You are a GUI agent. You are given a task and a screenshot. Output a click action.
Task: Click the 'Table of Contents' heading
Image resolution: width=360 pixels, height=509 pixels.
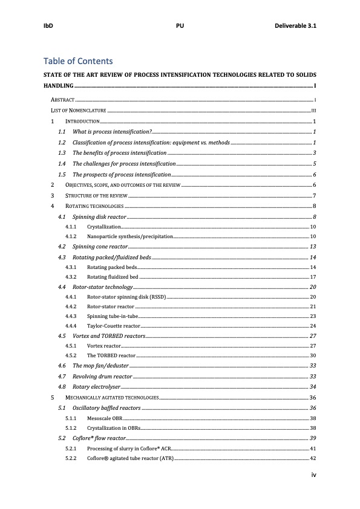(x=77, y=61)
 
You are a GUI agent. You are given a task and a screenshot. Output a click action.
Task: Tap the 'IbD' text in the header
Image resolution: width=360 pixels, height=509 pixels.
(x=48, y=27)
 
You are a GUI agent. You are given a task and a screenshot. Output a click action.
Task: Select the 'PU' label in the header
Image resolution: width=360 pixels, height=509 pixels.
(x=180, y=27)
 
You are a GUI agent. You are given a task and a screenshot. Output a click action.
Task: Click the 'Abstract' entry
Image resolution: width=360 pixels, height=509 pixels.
(x=62, y=99)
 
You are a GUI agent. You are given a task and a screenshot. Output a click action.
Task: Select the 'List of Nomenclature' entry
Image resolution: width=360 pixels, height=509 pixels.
(x=78, y=111)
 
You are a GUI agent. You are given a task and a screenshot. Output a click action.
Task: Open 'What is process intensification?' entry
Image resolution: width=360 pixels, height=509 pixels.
(x=111, y=131)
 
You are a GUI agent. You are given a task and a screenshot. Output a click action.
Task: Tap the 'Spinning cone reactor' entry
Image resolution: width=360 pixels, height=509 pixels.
(x=100, y=247)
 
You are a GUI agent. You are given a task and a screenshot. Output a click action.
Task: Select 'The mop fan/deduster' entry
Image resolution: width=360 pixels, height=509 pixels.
(x=100, y=366)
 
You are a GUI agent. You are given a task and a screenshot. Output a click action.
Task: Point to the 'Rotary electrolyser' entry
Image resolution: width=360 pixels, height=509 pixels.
(x=96, y=386)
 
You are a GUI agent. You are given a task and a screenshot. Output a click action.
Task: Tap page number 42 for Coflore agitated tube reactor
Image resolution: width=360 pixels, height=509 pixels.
(x=313, y=459)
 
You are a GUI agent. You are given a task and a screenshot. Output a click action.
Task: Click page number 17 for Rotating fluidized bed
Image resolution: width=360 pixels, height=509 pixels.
(x=313, y=276)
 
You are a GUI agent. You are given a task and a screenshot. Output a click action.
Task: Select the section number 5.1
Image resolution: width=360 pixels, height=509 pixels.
(x=61, y=408)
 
